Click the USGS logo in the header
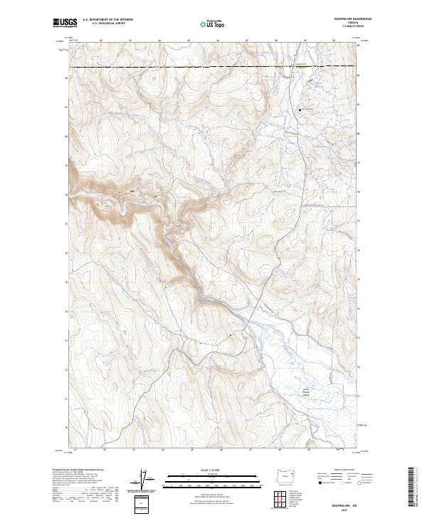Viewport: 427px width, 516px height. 65,23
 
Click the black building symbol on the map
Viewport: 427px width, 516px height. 300,110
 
